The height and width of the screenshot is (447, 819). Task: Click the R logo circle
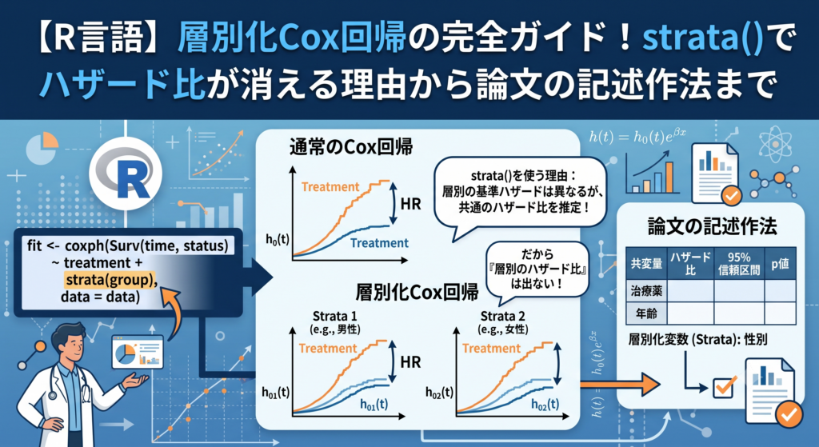click(x=126, y=174)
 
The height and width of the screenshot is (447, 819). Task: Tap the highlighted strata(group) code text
click(x=110, y=280)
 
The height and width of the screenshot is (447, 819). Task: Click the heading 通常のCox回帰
click(x=351, y=147)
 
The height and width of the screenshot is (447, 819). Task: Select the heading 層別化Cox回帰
click(x=417, y=292)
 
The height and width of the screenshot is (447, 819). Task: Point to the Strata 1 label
click(x=334, y=316)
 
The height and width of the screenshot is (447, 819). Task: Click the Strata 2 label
click(x=502, y=316)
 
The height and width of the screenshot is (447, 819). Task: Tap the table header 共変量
click(x=646, y=264)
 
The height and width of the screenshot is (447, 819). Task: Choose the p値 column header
click(x=780, y=264)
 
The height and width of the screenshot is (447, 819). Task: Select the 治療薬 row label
click(x=646, y=291)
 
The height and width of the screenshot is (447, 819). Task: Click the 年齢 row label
click(x=646, y=313)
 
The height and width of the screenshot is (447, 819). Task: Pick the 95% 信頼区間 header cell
click(x=738, y=264)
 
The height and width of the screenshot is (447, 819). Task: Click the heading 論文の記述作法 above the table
click(x=712, y=226)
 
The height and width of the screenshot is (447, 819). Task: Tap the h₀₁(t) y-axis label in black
click(x=275, y=393)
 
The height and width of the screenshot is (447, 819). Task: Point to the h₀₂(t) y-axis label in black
click(x=439, y=393)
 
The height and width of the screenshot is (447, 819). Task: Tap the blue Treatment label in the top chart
click(x=379, y=243)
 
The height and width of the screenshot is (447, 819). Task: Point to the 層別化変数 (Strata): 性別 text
click(x=697, y=339)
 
